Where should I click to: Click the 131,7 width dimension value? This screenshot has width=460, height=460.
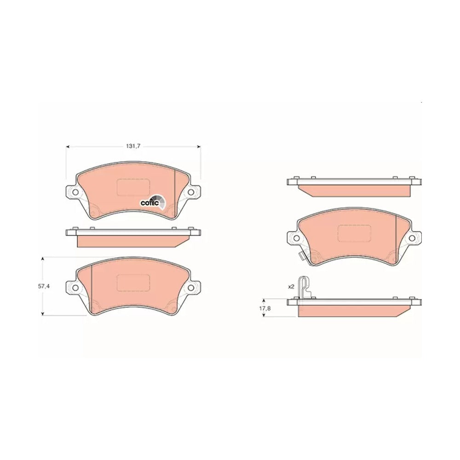(133, 146)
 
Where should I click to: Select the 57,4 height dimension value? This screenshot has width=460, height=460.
(43, 286)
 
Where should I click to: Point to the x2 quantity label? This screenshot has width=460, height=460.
(291, 287)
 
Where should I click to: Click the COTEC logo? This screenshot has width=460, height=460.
(153, 202)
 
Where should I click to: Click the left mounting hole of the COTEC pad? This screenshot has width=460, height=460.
(75, 192)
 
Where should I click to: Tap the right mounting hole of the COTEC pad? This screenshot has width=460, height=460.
(191, 192)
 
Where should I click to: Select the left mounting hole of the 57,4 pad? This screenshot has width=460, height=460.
(75, 288)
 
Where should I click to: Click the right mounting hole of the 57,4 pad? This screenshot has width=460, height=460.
(191, 288)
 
